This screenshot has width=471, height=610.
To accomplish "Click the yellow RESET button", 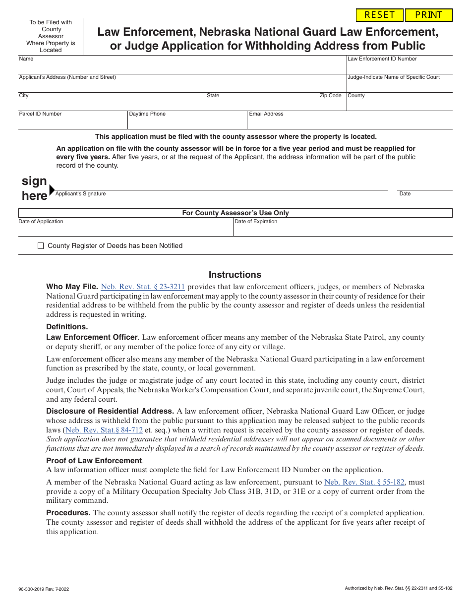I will [380, 15].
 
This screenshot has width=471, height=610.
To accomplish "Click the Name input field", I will [182, 66].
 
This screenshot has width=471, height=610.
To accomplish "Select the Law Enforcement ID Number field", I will [400, 67].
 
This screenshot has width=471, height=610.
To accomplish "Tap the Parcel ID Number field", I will [73, 122].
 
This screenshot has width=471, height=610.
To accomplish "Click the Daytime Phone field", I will [187, 122].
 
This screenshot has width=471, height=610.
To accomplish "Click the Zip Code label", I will [330, 95].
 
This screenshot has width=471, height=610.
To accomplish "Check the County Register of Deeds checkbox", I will [41, 246].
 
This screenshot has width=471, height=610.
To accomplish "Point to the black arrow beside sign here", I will [52, 189].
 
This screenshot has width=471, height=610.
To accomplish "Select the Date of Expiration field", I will [343, 229].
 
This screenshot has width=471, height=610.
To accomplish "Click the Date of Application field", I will [125, 229].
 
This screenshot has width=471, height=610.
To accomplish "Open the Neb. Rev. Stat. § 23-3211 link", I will [143, 287].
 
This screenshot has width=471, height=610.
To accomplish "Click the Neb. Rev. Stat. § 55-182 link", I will [364, 482].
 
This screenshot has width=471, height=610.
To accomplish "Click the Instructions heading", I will [235, 275].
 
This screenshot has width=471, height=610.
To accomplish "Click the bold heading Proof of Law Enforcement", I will [94, 461].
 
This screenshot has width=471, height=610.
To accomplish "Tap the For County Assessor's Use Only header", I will [235, 213].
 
